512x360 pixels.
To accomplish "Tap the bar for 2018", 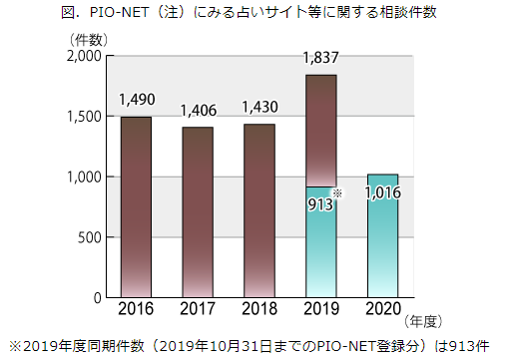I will [x=258, y=211].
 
